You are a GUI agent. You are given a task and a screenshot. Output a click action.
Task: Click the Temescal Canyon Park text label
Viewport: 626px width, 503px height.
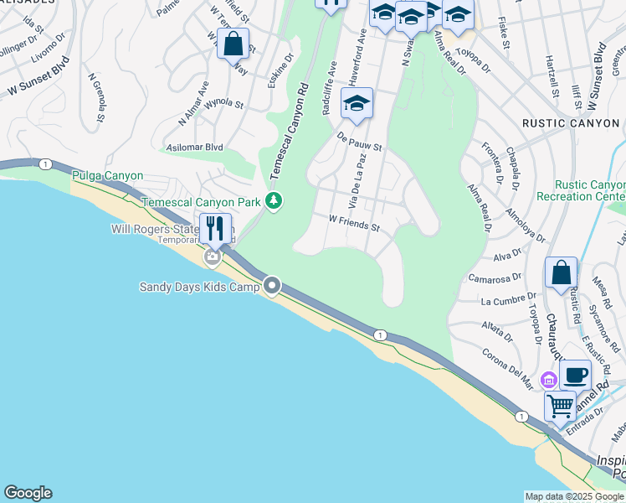tap(202, 202)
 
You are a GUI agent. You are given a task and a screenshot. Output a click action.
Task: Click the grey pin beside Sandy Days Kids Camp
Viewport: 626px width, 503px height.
tap(272, 287)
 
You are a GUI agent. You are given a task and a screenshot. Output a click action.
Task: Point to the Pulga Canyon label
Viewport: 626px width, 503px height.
tap(108, 176)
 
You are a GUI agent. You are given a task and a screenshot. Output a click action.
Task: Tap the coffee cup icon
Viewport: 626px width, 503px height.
tap(575, 375)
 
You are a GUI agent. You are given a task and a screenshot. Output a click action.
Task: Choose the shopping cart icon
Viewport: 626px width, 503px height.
tap(560, 407)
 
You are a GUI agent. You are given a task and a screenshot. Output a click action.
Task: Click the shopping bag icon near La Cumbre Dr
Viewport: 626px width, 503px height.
tap(561, 273)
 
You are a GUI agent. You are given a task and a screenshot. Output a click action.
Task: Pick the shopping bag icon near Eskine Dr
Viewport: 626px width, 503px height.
tap(233, 43)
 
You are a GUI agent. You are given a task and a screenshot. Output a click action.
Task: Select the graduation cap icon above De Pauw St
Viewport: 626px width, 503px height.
tap(357, 104)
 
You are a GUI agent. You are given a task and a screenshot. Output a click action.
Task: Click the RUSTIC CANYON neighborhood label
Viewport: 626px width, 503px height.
tap(571, 123)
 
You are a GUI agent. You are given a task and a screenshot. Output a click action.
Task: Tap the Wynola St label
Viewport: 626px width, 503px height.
tap(223, 106)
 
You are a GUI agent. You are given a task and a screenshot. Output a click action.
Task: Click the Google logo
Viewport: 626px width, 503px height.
tap(28, 493)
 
